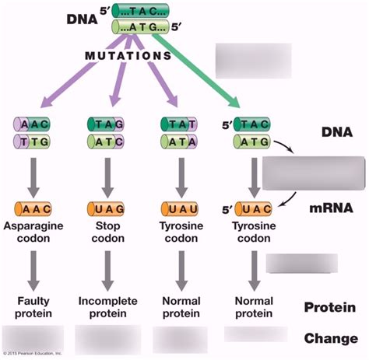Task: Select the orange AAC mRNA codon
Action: (x=32, y=209)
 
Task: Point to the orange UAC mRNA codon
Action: (x=251, y=209)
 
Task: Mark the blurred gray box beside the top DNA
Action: (x=253, y=58)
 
